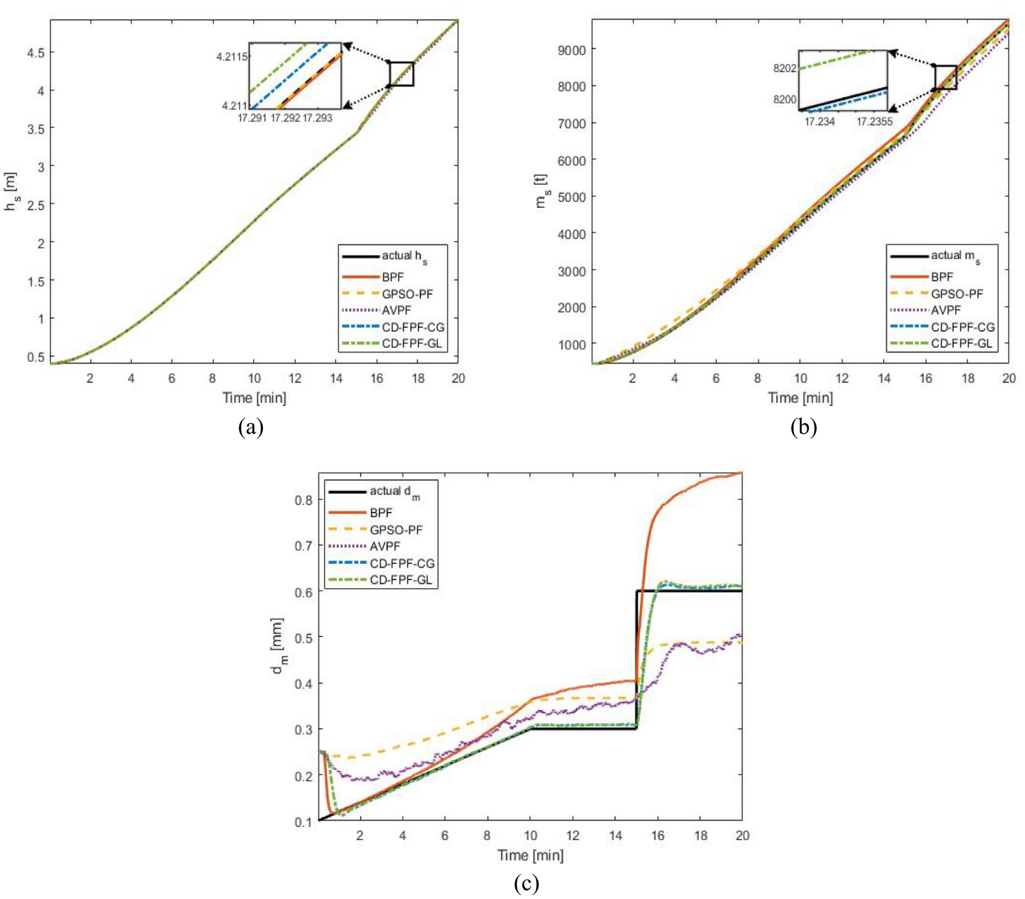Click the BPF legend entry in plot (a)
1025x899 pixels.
point(392,277)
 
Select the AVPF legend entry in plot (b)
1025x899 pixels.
point(945,310)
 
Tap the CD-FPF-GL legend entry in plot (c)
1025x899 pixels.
point(401,579)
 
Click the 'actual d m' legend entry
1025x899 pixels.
point(394,491)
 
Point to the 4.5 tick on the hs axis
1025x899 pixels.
point(35,53)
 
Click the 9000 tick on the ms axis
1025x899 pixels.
point(571,50)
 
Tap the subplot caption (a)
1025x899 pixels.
point(251,427)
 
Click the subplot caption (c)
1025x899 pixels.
point(526,883)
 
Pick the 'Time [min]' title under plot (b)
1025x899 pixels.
point(800,398)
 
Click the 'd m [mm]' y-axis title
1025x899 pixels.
point(277,646)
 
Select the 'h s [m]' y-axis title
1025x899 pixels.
point(10,191)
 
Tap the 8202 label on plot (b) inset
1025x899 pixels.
point(784,68)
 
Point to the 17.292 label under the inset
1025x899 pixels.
point(285,118)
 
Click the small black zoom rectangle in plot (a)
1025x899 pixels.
point(401,74)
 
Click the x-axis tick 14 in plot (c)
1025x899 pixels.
point(615,835)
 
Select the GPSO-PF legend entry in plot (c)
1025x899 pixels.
point(396,530)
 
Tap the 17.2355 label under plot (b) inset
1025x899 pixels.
point(874,122)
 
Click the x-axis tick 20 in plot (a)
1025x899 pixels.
point(457,379)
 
